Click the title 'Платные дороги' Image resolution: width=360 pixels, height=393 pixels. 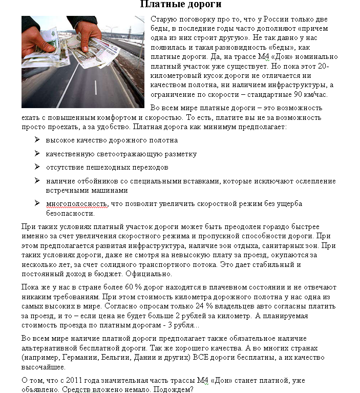[x=179, y=6]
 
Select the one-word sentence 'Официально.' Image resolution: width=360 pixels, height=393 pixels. [x=147, y=274]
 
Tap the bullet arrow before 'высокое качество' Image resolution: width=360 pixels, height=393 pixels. [x=37, y=139]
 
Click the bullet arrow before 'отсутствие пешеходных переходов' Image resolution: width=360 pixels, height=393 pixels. [x=37, y=167]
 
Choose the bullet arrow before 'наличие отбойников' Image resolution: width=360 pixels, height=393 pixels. [x=37, y=181]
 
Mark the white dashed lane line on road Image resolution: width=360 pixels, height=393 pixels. [x=95, y=87]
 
